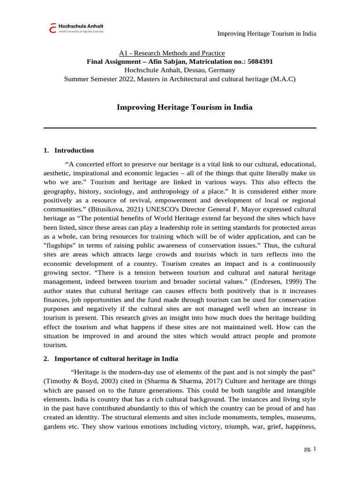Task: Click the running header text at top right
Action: tap(267, 34)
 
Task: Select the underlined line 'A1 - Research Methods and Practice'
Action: tap(172, 53)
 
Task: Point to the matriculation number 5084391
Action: tap(258, 62)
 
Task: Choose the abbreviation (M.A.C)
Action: tap(283, 79)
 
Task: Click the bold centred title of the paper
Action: tap(184, 107)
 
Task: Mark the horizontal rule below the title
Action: tap(180, 127)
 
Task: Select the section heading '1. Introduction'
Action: tap(68, 150)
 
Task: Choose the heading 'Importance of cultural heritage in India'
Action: tap(116, 359)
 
